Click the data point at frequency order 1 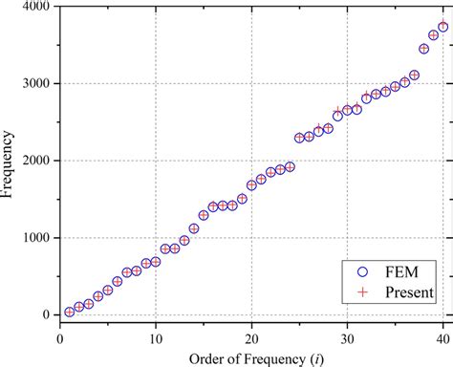click(x=69, y=312)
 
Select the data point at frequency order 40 click(x=442, y=27)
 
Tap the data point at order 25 click(x=299, y=138)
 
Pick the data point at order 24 click(x=290, y=166)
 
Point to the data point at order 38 click(x=423, y=48)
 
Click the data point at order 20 click(x=251, y=185)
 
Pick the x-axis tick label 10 click(x=155, y=335)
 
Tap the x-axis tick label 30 click(x=347, y=335)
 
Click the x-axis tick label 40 click(x=442, y=335)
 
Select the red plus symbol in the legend click(x=360, y=291)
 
